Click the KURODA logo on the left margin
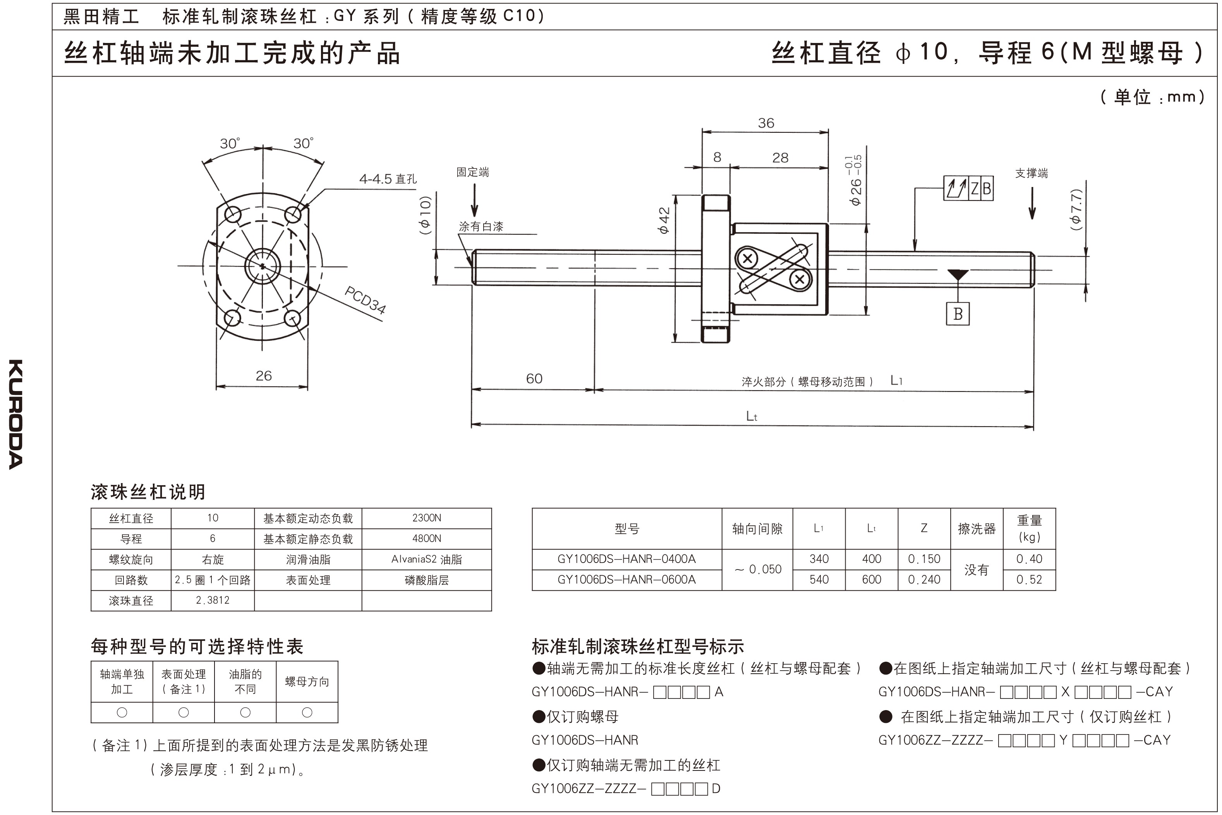coord(15,414)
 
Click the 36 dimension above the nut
coord(765,123)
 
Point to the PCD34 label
coord(366,300)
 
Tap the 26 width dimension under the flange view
coord(264,376)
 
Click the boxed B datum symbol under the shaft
coord(958,314)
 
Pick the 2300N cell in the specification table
coord(426,518)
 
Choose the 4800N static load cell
coord(426,539)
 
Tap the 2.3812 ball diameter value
coord(212,601)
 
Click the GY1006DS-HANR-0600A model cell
coord(626,580)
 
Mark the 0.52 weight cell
coord(1029,580)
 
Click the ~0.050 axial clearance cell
coord(757,570)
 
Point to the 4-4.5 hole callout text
coord(387,179)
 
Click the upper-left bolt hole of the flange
coord(233,214)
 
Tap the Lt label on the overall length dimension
coord(751,416)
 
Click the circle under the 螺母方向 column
coord(307,713)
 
